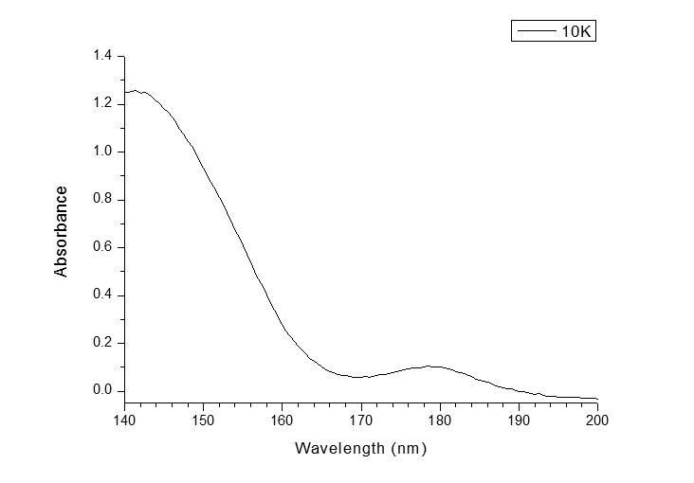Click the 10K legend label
[x=576, y=31]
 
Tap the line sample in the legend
[x=536, y=31]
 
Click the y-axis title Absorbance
[x=62, y=231]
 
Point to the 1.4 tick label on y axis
[x=103, y=56]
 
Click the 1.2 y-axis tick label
[x=103, y=103]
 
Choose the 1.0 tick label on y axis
[x=103, y=152]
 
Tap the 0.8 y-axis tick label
[x=103, y=200]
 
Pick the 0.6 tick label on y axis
[x=103, y=247]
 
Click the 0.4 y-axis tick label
[x=103, y=295]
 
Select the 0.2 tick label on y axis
[x=103, y=343]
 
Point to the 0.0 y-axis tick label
[x=103, y=391]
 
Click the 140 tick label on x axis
[x=125, y=418]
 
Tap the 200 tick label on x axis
[x=597, y=418]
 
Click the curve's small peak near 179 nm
[x=431, y=366]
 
